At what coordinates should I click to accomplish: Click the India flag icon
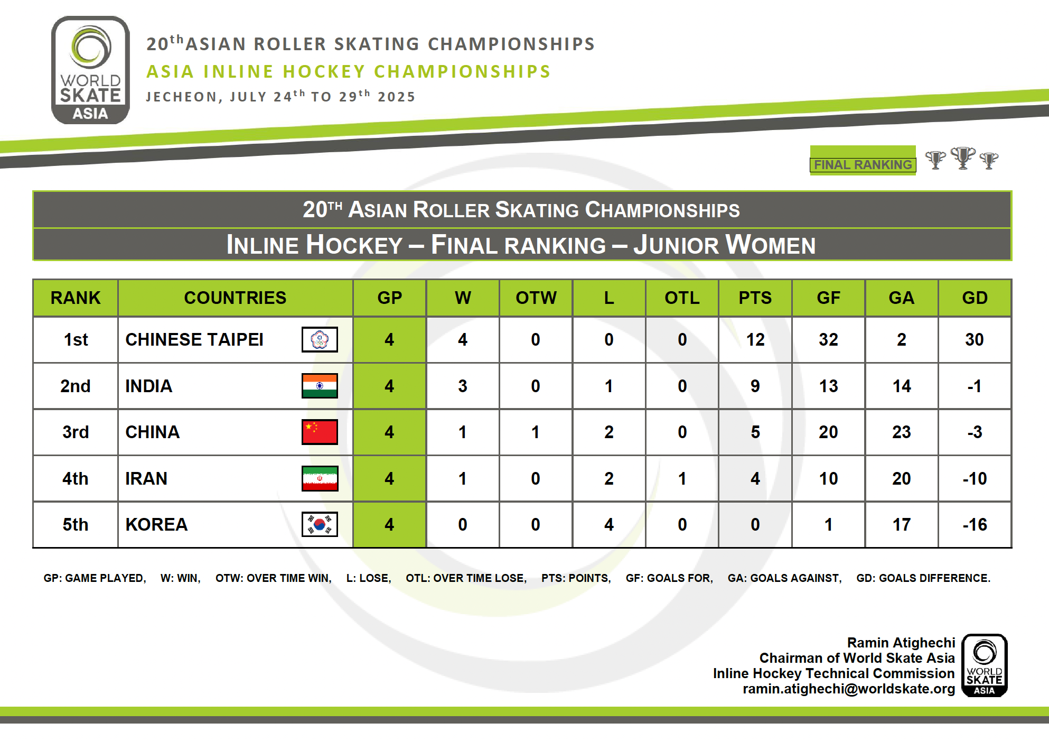click(320, 386)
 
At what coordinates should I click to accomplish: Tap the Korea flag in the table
click(320, 524)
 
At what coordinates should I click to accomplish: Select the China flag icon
click(320, 432)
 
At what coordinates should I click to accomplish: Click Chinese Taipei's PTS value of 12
click(755, 339)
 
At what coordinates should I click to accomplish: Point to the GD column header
click(975, 298)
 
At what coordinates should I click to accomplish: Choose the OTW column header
click(536, 298)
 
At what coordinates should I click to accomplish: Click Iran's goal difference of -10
click(975, 478)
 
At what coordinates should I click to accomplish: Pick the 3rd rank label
click(76, 432)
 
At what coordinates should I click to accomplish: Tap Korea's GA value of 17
click(902, 524)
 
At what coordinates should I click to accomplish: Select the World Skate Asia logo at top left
click(90, 70)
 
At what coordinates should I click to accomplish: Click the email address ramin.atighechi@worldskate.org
click(849, 689)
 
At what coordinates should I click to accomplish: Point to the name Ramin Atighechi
click(901, 643)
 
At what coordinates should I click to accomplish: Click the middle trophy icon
click(963, 158)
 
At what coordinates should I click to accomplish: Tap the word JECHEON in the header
click(181, 97)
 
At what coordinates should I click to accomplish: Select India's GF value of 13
click(828, 386)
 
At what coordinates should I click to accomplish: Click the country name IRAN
click(146, 478)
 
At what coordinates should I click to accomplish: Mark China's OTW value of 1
click(536, 432)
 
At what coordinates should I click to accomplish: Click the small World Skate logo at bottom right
click(985, 665)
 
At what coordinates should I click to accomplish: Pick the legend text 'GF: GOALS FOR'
click(669, 578)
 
